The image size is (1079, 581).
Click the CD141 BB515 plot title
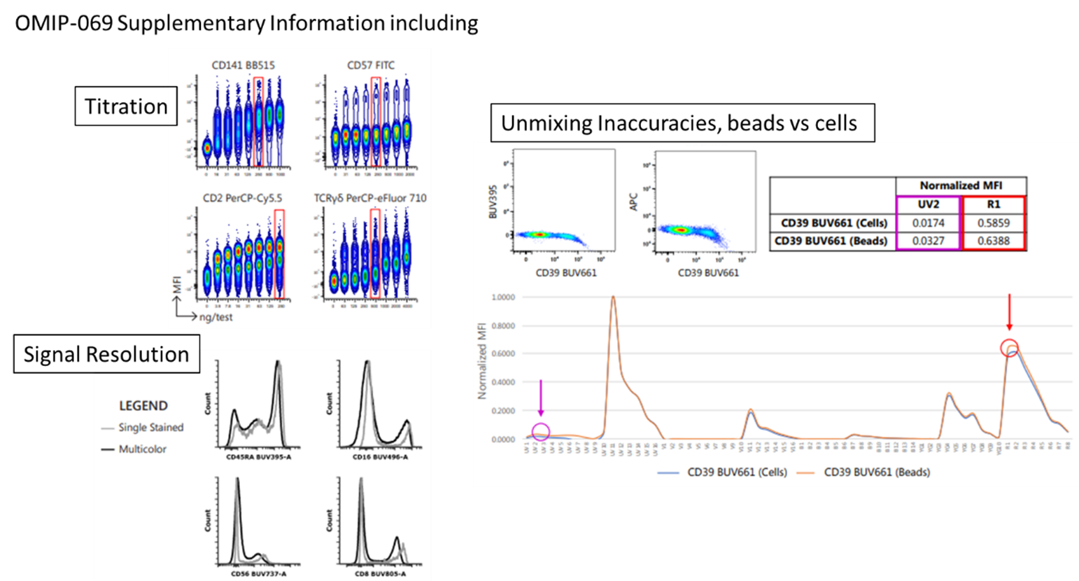click(243, 65)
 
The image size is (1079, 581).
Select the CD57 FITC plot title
click(371, 65)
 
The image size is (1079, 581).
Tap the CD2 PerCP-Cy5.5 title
click(242, 198)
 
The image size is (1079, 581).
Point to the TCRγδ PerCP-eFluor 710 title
click(370, 198)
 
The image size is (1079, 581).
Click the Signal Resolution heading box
click(106, 354)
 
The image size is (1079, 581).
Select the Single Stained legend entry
click(150, 427)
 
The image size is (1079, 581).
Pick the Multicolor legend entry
click(142, 449)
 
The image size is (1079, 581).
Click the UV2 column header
click(928, 204)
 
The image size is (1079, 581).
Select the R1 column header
click(993, 204)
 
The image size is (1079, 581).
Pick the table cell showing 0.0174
click(928, 223)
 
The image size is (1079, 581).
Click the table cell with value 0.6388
click(993, 241)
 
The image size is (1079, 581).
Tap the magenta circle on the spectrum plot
click(541, 433)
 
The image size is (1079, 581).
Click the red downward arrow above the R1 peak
click(1009, 312)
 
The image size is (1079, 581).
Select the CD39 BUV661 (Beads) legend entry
click(877, 472)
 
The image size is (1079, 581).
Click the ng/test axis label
click(216, 317)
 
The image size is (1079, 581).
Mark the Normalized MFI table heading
click(961, 185)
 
